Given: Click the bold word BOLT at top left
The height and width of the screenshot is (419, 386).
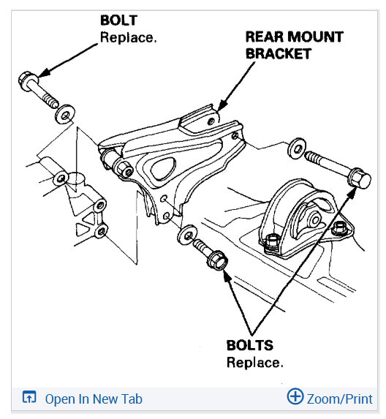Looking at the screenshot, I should (118, 20).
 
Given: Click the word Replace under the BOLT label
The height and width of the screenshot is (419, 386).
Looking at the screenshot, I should (128, 37).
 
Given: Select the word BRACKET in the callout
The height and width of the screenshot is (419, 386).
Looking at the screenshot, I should (278, 53).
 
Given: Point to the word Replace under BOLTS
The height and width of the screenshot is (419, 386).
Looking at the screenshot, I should (254, 362).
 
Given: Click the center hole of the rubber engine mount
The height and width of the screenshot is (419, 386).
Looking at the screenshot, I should (311, 216).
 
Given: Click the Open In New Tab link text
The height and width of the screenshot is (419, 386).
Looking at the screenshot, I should (94, 399).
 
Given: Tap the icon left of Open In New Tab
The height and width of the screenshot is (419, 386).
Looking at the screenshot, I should (29, 399).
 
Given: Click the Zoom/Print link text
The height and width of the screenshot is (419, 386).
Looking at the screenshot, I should (340, 399).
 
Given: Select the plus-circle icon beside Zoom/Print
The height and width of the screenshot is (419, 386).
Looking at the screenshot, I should (295, 397).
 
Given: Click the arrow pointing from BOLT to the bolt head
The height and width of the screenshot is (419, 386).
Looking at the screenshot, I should (69, 58).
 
